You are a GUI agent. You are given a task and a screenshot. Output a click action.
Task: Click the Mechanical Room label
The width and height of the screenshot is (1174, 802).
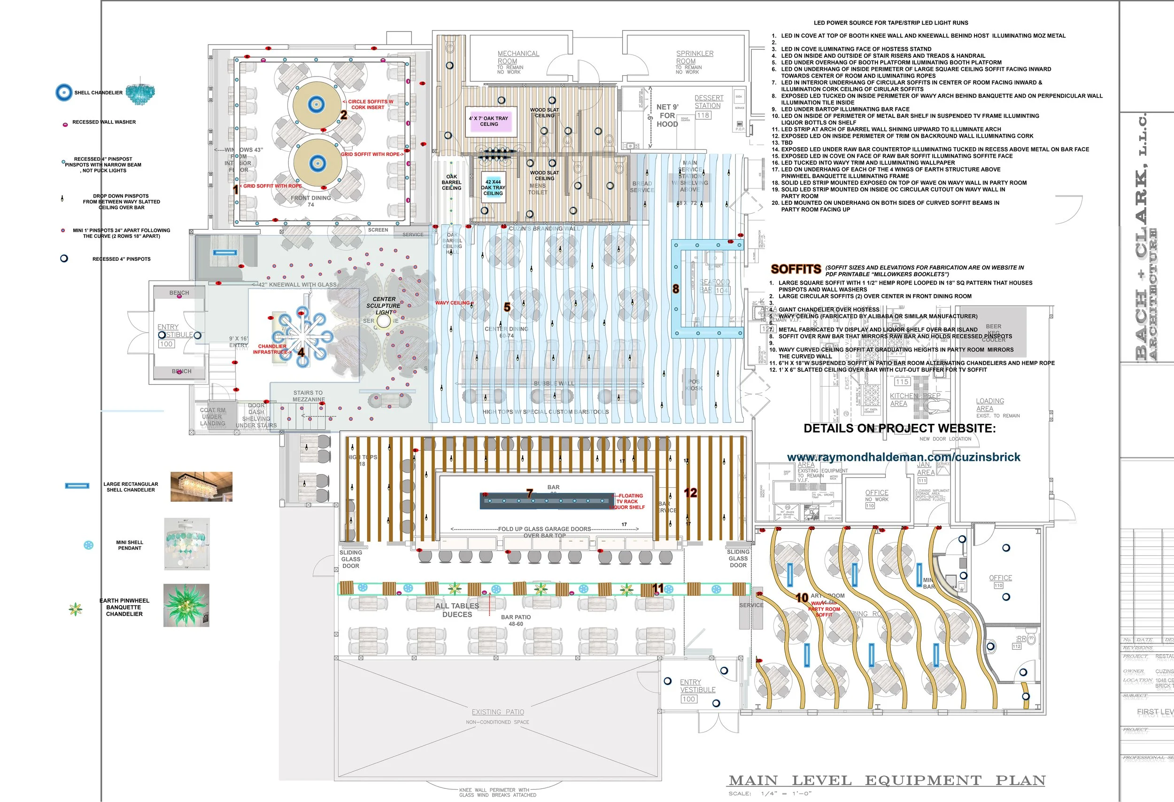518,58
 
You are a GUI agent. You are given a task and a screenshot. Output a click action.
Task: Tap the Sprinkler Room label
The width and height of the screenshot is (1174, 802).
695,58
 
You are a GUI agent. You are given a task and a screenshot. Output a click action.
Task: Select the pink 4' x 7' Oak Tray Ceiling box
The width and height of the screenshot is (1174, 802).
489,121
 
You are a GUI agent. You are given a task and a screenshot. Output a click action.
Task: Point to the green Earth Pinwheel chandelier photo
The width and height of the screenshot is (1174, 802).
186,606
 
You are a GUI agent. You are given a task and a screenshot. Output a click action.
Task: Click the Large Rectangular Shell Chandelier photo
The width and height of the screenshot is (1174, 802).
201,487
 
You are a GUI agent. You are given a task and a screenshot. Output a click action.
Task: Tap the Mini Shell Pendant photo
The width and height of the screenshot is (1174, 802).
187,544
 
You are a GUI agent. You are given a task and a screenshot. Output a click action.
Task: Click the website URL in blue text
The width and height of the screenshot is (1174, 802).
903,457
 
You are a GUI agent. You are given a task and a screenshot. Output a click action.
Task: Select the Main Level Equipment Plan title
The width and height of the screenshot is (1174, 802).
887,781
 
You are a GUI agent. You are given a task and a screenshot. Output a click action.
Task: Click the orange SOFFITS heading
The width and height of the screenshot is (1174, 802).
796,269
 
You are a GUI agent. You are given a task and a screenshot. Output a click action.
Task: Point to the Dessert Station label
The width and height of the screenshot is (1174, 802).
708,101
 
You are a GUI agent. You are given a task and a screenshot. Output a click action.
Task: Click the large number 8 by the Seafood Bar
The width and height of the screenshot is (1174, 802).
675,289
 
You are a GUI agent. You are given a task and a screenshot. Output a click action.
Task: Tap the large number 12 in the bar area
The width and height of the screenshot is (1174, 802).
690,493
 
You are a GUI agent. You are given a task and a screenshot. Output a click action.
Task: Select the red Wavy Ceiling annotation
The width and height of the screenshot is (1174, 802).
454,303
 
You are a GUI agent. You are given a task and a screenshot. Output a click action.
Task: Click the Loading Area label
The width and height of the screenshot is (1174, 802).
989,404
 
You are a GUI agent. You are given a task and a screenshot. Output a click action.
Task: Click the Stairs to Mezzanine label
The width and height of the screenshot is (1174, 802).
308,396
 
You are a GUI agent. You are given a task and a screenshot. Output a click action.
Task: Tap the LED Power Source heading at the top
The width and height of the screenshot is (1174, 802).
891,23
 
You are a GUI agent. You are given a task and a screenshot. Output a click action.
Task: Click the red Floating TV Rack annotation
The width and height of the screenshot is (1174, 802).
629,501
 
